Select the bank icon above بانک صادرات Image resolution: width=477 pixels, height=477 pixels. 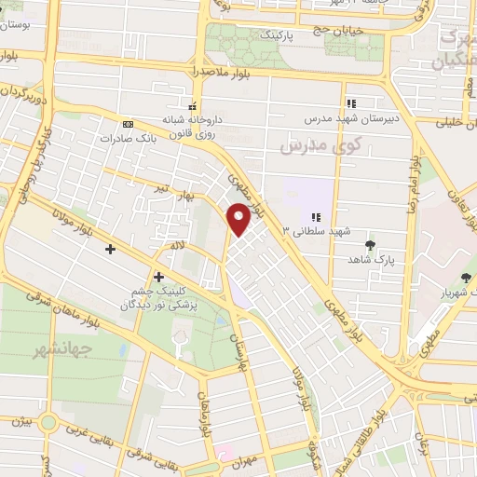(x=128, y=124)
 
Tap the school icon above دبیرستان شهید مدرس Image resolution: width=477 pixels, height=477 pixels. (x=351, y=103)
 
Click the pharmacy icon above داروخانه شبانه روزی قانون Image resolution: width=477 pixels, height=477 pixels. (x=192, y=105)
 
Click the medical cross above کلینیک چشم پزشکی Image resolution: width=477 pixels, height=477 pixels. (x=158, y=277)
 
